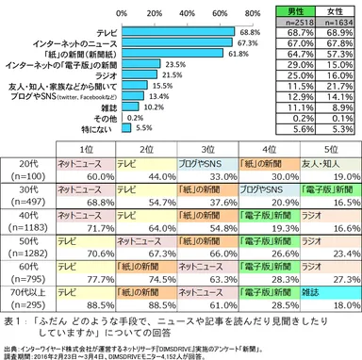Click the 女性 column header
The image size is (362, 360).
click(x=334, y=9)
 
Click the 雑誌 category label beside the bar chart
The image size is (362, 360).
click(x=93, y=106)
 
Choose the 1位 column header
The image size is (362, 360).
click(x=87, y=149)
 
